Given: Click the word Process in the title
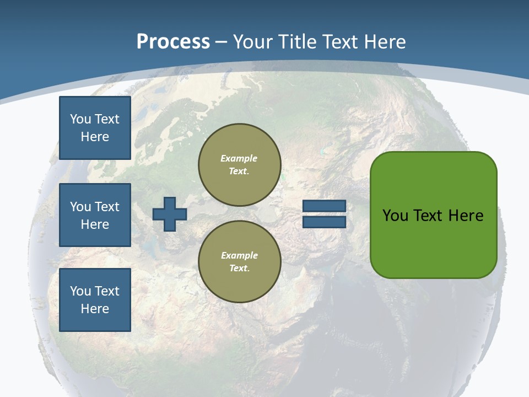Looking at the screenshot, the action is [x=173, y=42].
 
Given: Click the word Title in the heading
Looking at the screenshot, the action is [x=298, y=42].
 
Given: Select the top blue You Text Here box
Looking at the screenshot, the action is [x=95, y=128].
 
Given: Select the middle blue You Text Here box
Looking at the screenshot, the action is [x=95, y=215].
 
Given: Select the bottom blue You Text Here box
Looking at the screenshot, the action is [x=95, y=300].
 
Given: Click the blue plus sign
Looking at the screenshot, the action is [x=170, y=214].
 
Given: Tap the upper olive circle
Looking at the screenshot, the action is [x=240, y=165].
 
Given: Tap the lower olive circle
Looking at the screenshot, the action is [x=240, y=262].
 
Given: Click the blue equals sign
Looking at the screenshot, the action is [x=324, y=214].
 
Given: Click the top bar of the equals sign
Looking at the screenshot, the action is [x=324, y=206].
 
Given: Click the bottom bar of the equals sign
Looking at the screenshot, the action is [x=324, y=222].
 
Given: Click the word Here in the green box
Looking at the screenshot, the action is [x=466, y=216].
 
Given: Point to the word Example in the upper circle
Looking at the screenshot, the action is [x=239, y=159].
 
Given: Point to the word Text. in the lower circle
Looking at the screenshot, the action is [x=239, y=269].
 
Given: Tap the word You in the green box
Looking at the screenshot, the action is [x=396, y=216].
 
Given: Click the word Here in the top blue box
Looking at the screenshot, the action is [x=95, y=137].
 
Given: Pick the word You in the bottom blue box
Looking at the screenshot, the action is [x=80, y=291].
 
